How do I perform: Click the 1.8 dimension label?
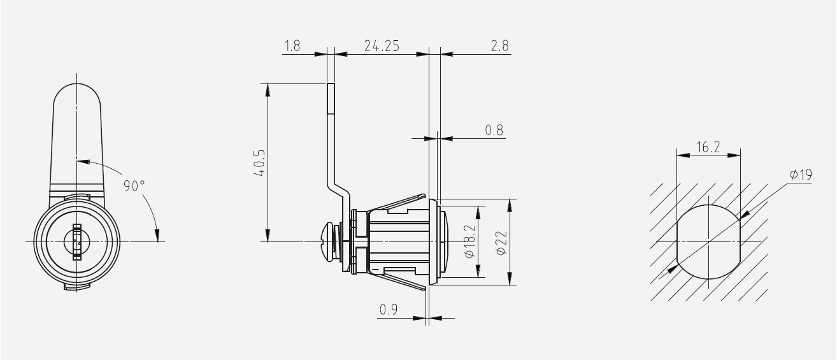[292, 46]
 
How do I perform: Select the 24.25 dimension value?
[382, 46]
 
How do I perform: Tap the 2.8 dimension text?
[499, 46]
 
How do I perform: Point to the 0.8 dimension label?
[494, 130]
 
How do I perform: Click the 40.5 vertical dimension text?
[259, 163]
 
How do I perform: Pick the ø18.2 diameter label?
[469, 241]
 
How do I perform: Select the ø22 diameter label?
[501, 243]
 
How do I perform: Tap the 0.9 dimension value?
[389, 310]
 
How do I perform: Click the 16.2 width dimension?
[708, 147]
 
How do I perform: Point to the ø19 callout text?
[801, 175]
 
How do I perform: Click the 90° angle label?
[134, 186]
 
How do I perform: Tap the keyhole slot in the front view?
[77, 241]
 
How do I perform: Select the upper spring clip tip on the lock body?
[424, 197]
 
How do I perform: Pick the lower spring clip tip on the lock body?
[424, 287]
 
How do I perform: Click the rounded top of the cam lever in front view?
[77, 85]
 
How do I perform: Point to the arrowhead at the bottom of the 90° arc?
[157, 235]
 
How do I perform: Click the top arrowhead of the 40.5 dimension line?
[268, 90]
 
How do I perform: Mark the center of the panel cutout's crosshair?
[708, 242]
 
